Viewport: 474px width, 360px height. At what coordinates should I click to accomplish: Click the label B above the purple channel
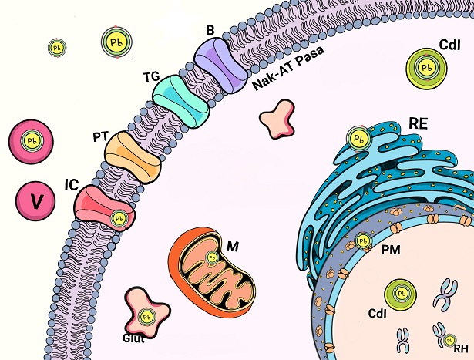210,30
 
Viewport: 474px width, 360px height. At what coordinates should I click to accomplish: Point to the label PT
99,136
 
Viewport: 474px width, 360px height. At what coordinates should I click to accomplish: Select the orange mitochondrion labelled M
211,267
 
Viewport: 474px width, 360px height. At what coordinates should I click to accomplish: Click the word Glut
133,337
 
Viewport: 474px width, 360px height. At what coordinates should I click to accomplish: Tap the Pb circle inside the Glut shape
148,316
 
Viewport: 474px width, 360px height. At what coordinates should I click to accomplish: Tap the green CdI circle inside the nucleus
401,294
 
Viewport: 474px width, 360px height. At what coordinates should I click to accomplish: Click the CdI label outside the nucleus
449,44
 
